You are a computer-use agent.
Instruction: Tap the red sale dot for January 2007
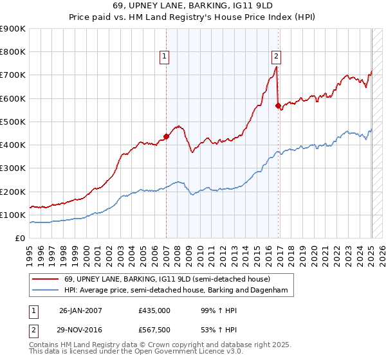(x=166, y=136)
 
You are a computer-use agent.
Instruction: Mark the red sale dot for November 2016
(x=279, y=106)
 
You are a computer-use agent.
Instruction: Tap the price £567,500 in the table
(x=154, y=329)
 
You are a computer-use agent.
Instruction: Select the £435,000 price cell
(x=154, y=310)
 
